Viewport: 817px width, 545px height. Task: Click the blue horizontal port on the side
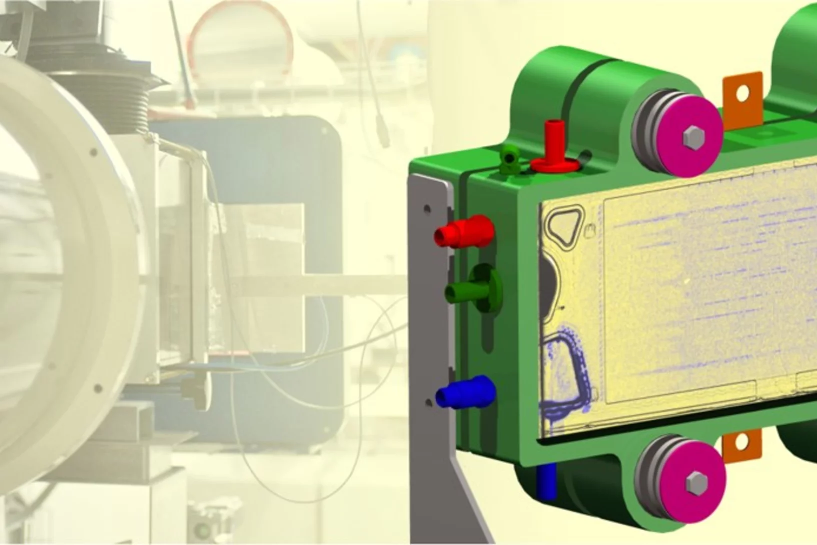pyautogui.click(x=465, y=393)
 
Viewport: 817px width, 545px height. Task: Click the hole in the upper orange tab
pyautogui.click(x=743, y=92)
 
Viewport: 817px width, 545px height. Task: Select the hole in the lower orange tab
pyautogui.click(x=742, y=442)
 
